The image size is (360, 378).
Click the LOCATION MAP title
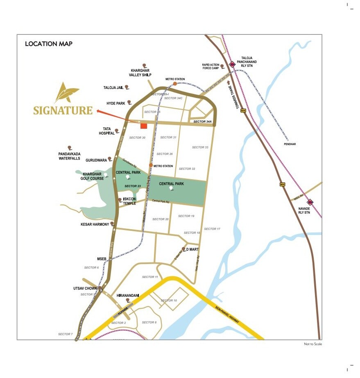click(48, 44)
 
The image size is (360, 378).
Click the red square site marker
click(144, 126)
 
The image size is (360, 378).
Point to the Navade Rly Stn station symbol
click(310, 201)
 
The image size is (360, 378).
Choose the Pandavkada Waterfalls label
click(69, 156)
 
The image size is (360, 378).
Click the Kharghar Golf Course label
click(93, 176)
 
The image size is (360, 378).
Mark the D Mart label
click(192, 249)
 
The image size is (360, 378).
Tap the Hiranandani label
click(128, 295)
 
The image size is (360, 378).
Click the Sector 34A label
click(202, 122)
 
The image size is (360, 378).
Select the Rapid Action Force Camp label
click(211, 67)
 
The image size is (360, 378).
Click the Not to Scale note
click(312, 344)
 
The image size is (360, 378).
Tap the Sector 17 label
click(212, 229)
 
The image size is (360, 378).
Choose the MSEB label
click(102, 259)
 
